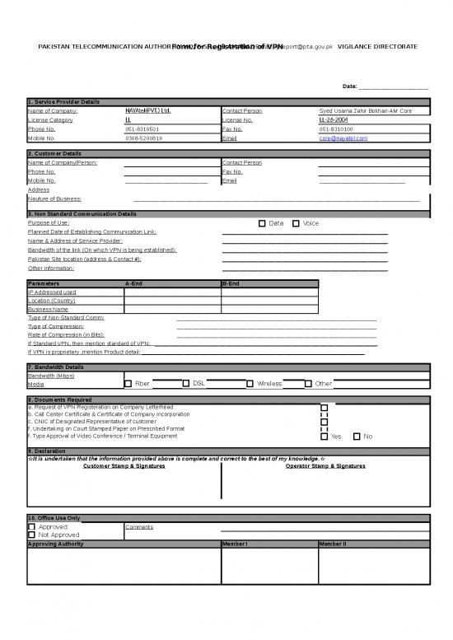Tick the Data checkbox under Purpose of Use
(x=262, y=223)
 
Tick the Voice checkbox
(x=296, y=223)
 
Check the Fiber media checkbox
(x=128, y=383)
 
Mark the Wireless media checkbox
(x=250, y=383)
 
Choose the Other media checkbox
(x=308, y=383)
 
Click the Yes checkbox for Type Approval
(x=324, y=437)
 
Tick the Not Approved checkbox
(x=31, y=535)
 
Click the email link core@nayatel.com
(x=343, y=138)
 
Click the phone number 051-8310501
(x=142, y=129)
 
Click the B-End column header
(x=231, y=283)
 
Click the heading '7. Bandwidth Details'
(x=55, y=367)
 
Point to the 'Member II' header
(x=332, y=544)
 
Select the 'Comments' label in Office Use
(x=139, y=527)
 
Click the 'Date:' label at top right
(x=350, y=86)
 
